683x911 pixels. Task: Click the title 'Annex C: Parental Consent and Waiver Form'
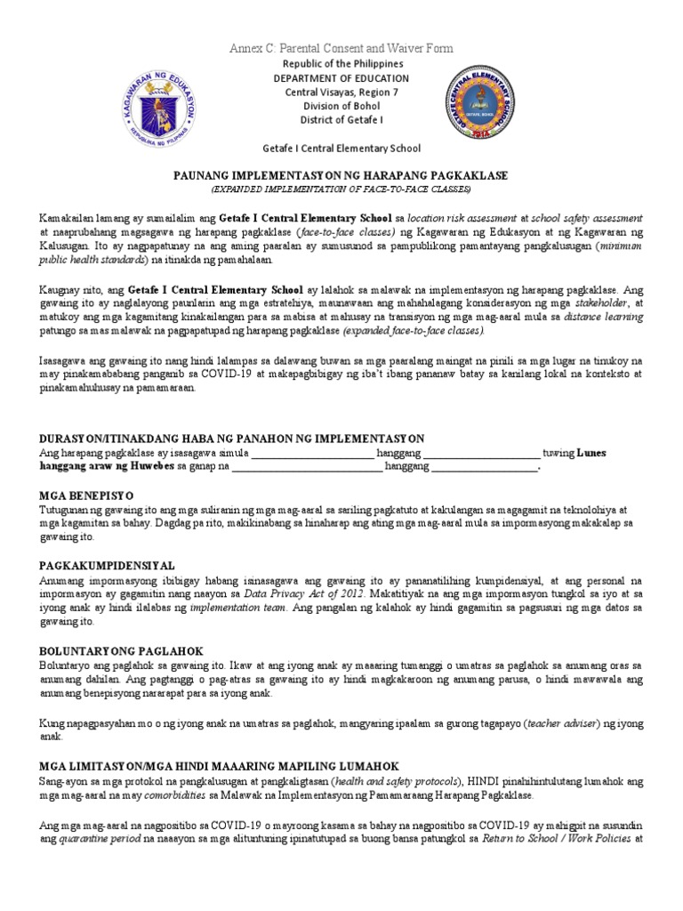341,47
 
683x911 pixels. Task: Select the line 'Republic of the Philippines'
341,64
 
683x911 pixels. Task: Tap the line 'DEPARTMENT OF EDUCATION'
341,78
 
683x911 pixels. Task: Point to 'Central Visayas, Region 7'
341,93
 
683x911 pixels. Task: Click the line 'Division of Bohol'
341,107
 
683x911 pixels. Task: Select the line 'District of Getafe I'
341,121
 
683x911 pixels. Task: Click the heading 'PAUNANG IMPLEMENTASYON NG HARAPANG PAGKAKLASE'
341,176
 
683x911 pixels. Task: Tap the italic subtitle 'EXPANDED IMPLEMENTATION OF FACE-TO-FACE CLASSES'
341,189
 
